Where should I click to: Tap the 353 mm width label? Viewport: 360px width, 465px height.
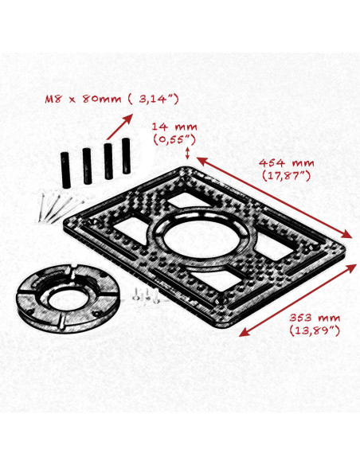click(x=316, y=317)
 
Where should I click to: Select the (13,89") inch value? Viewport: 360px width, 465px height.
click(x=316, y=330)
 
